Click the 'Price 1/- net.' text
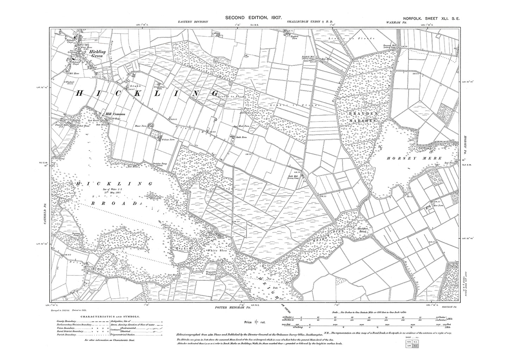pyautogui.click(x=254, y=322)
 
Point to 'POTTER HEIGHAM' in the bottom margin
pyautogui.click(x=229, y=308)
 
